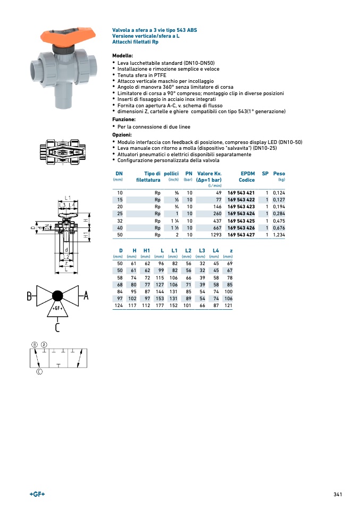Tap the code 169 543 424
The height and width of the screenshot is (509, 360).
point(241,214)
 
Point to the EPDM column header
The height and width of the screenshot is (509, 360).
point(247,174)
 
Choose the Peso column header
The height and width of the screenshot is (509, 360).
point(279,174)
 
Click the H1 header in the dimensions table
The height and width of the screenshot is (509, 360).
point(147,250)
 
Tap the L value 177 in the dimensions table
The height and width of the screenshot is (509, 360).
point(160,306)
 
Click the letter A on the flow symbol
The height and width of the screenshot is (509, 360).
point(86,296)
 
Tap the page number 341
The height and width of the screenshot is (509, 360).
point(337,495)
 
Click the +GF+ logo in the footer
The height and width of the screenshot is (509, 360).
point(37,494)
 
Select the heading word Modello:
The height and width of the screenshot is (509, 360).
point(122,56)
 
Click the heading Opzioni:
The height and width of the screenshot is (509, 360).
point(122,135)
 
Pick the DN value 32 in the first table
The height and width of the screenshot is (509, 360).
point(120,220)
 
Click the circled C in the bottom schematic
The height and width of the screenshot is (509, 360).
point(39,372)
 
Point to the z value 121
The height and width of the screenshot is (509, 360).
point(228,306)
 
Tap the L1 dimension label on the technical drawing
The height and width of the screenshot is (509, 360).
point(68,197)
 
